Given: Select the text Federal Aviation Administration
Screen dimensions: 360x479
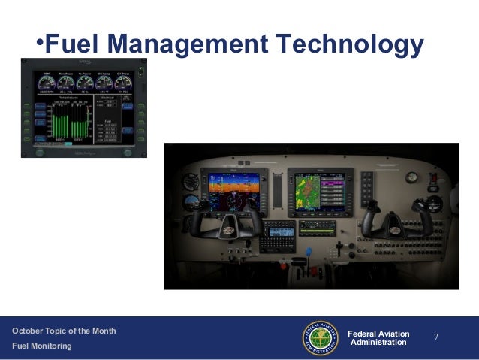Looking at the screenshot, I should pyautogui.click(x=381, y=338).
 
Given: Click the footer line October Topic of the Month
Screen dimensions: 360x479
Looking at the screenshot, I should pyautogui.click(x=64, y=331).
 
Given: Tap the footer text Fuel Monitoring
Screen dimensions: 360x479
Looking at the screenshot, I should pyautogui.click(x=41, y=346).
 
